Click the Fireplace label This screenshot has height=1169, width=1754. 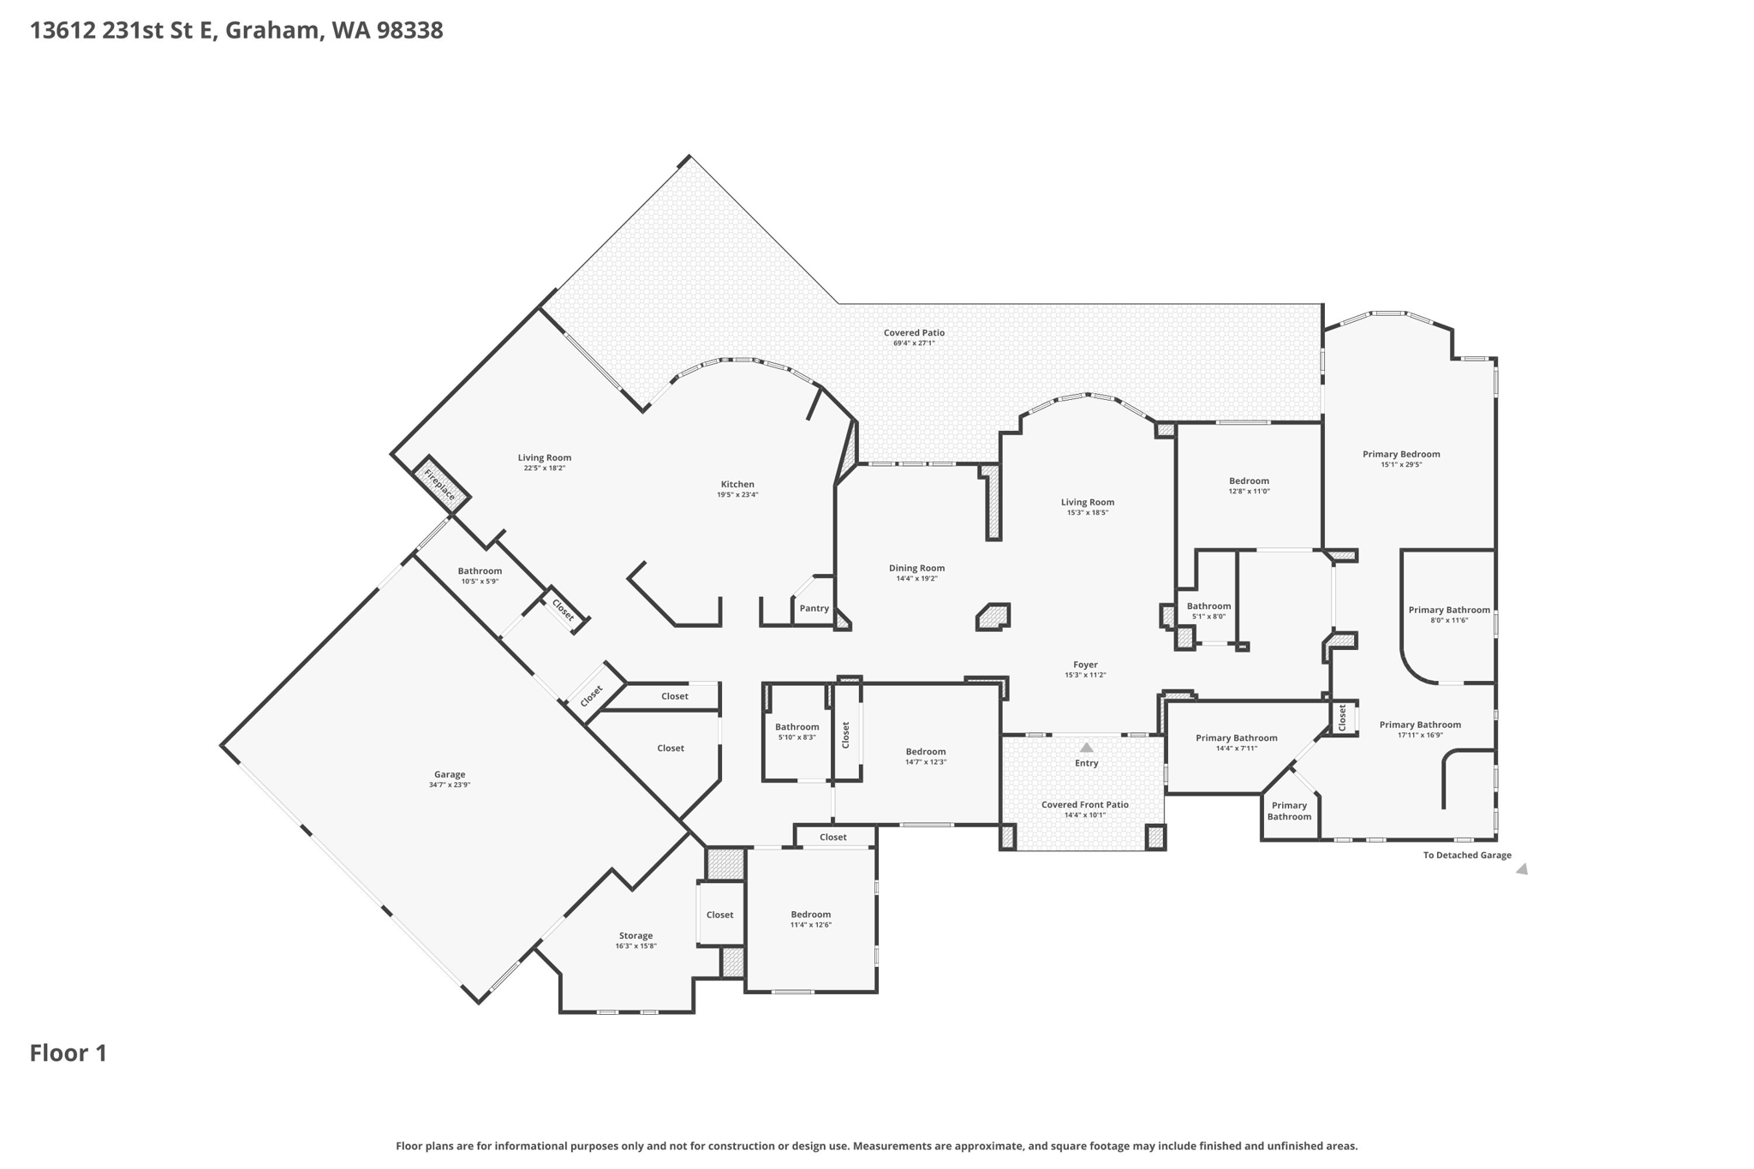pos(439,484)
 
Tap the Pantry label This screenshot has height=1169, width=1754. pos(814,608)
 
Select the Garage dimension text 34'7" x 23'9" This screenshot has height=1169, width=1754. pos(450,784)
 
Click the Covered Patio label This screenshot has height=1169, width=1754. pos(914,332)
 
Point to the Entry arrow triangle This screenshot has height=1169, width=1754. pos(1086,748)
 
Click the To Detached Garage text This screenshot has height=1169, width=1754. pos(1466,855)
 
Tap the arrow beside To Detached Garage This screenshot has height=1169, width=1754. pos(1522,869)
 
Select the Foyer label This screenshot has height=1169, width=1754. pos(1085,665)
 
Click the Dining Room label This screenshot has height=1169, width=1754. pos(916,568)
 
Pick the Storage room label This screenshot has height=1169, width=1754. pos(635,935)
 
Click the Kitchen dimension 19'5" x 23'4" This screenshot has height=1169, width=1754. pos(737,495)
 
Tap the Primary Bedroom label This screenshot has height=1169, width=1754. pos(1401,454)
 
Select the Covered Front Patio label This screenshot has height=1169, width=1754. pos(1084,804)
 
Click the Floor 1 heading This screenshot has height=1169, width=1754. pos(69,1053)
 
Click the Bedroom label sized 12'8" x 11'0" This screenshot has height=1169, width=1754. pos(1249,480)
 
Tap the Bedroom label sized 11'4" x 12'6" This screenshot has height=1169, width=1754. pos(810,914)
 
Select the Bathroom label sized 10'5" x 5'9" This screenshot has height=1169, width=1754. pos(480,570)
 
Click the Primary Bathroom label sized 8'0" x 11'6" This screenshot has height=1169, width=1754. pos(1449,610)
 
